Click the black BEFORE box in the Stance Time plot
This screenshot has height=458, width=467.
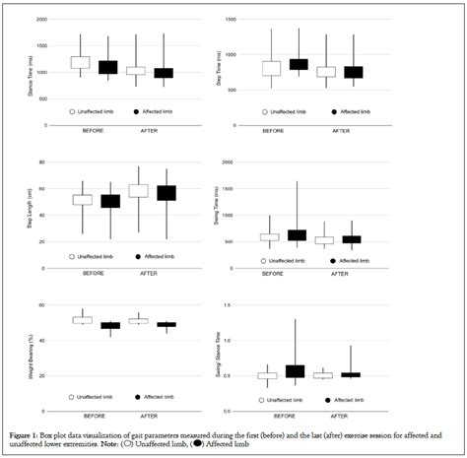pos(107,68)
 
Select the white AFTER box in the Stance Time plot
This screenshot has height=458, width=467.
pos(136,71)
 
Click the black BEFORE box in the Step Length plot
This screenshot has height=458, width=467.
pos(110,202)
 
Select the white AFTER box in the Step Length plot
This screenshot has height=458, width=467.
pos(138,191)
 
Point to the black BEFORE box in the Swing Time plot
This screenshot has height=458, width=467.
pos(297,235)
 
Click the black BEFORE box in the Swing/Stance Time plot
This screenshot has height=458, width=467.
pos(296,371)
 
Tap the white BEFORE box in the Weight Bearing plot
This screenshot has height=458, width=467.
pos(82,319)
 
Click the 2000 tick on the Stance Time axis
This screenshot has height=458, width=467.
pos(40,20)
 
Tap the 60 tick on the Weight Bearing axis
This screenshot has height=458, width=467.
pos(43,306)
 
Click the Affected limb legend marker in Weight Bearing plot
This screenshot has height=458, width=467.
pos(136,397)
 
